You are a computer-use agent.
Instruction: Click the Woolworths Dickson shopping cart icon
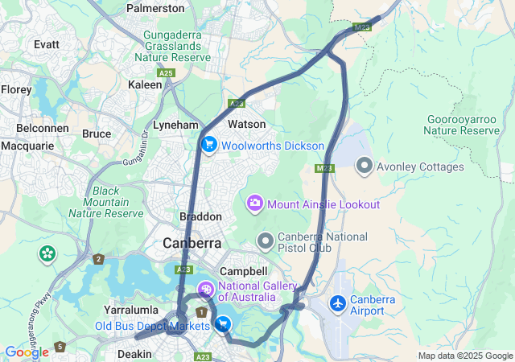(209, 145)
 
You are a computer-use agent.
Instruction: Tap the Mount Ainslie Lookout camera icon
(255, 203)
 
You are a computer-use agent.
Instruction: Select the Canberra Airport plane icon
(338, 304)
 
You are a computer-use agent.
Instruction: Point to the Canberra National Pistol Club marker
(265, 241)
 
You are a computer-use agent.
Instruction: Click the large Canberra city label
(192, 243)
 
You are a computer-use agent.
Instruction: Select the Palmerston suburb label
(155, 9)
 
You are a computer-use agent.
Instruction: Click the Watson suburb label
(246, 125)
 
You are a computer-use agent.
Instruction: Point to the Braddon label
(200, 217)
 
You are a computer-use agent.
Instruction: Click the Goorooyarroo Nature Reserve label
(463, 125)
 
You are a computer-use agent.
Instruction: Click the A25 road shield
(166, 73)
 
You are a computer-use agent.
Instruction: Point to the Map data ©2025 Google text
(464, 356)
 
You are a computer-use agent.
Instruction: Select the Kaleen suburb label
(146, 84)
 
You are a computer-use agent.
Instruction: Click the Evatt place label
(47, 44)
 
